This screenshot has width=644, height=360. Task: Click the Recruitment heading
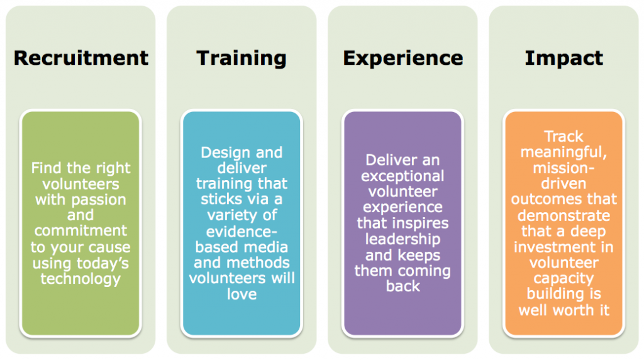(x=81, y=58)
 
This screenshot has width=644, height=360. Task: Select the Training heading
(x=241, y=59)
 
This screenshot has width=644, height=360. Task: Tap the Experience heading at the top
(x=403, y=59)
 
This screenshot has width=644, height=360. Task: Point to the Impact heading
(x=564, y=59)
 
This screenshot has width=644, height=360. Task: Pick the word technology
(x=80, y=279)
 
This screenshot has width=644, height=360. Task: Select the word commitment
(x=80, y=230)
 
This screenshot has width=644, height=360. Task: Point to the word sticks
(x=221, y=199)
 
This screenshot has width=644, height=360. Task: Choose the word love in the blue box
(x=242, y=294)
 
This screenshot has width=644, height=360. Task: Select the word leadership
(x=402, y=240)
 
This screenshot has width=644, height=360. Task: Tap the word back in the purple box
(x=403, y=286)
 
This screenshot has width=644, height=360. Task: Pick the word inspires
(x=422, y=224)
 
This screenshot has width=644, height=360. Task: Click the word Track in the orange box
(x=563, y=137)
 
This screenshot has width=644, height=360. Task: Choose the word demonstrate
(x=563, y=215)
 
